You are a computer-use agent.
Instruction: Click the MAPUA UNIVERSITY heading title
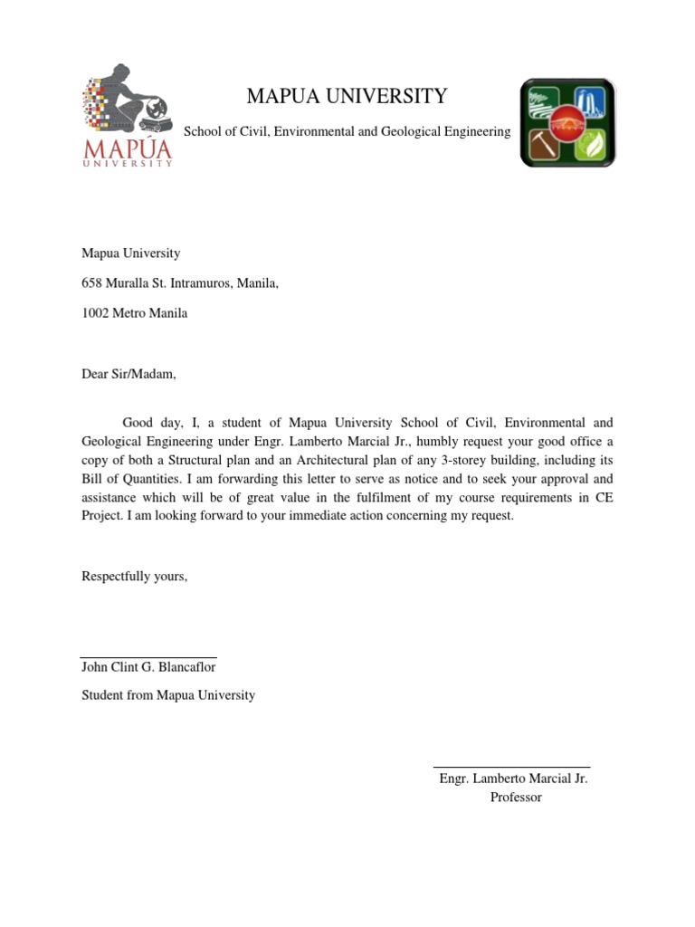pyautogui.click(x=347, y=96)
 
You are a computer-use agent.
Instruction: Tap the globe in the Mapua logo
pyautogui.click(x=158, y=109)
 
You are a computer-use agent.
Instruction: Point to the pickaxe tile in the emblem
pyautogui.click(x=546, y=144)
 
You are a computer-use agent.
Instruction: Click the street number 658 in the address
pyautogui.click(x=91, y=283)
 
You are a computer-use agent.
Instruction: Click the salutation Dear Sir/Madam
pyautogui.click(x=129, y=374)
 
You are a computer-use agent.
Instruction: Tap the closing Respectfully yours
pyautogui.click(x=134, y=576)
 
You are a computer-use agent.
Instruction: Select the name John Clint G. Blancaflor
pyautogui.click(x=148, y=667)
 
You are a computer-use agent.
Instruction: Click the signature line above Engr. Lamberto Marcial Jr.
pyautogui.click(x=511, y=767)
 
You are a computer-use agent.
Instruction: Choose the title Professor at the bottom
pyautogui.click(x=515, y=797)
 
